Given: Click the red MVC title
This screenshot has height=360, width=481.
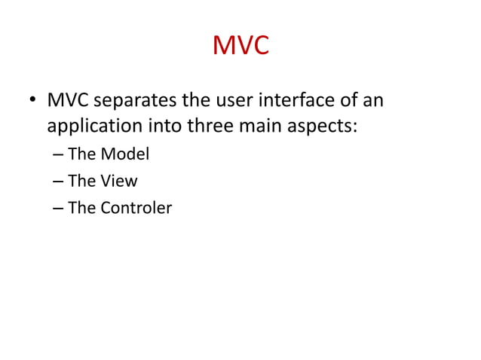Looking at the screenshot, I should [x=240, y=46].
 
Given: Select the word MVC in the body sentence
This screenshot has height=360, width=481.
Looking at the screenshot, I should [x=67, y=99].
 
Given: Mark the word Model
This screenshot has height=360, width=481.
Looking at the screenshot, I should [x=125, y=154].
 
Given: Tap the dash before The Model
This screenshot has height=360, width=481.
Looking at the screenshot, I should [x=59, y=155].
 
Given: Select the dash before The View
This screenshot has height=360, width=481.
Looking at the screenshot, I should [x=59, y=182].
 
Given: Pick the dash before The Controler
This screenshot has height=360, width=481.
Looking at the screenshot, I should [x=59, y=208].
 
